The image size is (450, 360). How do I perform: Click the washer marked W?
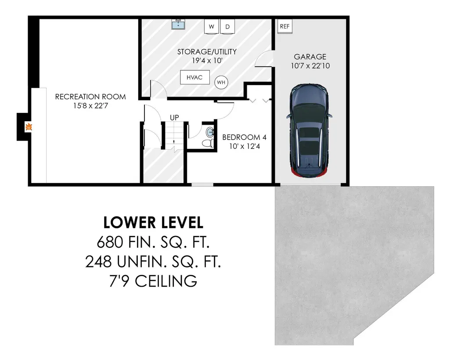click(x=212, y=26)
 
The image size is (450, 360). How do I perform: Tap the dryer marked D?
click(x=227, y=26)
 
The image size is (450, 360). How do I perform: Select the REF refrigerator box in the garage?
click(x=284, y=26)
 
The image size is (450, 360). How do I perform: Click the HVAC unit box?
click(x=194, y=77)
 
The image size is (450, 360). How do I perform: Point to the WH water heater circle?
click(x=221, y=83)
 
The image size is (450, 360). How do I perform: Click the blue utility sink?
click(x=178, y=24)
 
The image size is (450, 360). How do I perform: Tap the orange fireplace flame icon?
click(x=29, y=126)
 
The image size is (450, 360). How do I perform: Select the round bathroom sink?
click(x=210, y=132)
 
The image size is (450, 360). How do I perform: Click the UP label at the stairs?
click(x=174, y=117)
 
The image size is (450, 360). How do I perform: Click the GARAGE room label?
click(x=310, y=57)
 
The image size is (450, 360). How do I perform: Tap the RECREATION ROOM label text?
click(x=90, y=97)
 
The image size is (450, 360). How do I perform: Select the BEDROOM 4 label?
click(x=245, y=137)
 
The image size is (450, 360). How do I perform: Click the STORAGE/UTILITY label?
click(x=207, y=52)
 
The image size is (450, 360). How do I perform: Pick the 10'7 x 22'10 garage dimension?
click(x=310, y=66)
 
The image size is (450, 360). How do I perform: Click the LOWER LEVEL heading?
click(x=153, y=223)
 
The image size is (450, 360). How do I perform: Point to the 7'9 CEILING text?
click(x=153, y=281)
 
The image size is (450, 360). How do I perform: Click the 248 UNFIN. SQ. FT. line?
click(x=153, y=262)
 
